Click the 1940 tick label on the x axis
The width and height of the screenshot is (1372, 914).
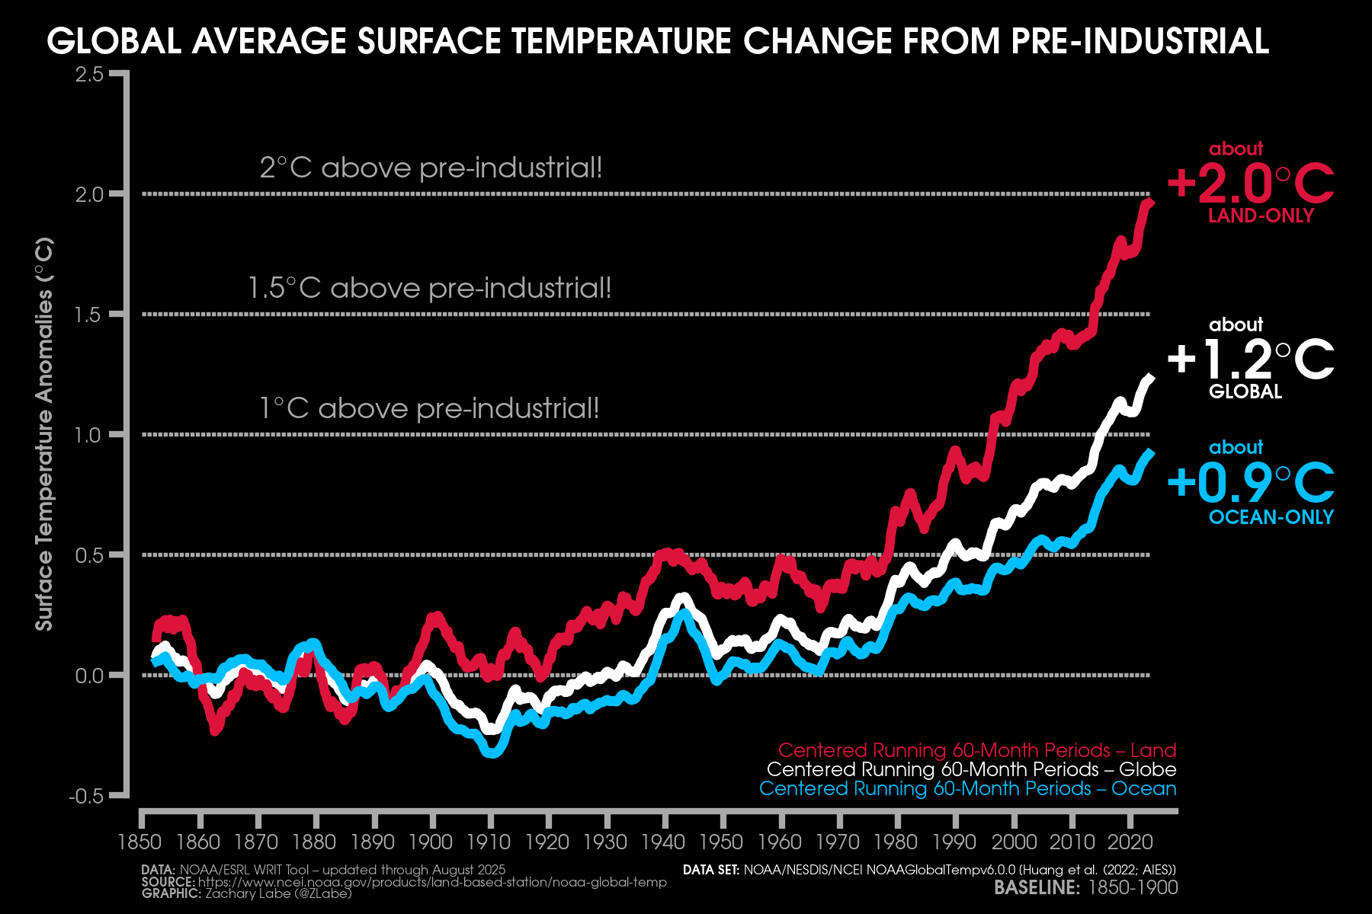coord(663,842)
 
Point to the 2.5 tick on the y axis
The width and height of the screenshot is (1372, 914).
coord(89,75)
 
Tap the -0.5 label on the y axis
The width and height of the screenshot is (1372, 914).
coord(85,797)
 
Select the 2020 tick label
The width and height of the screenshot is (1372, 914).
coord(1130,842)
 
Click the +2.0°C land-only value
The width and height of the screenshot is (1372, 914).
coord(1250,184)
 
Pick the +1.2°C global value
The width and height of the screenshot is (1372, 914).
coord(1250,360)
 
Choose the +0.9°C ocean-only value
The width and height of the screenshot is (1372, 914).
coord(1250,482)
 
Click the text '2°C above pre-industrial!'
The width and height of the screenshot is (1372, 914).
coord(431,168)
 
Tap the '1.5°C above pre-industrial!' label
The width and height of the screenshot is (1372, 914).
coord(430,288)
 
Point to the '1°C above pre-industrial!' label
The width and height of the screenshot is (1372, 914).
coord(429,408)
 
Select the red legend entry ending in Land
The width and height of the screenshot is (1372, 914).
coord(976,750)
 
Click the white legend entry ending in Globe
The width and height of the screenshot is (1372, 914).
coord(971,769)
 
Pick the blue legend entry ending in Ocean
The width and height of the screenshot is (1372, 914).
coord(967,788)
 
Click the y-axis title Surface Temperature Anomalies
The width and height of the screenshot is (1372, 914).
coord(44,434)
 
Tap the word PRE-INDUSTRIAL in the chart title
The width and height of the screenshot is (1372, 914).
coord(1140,41)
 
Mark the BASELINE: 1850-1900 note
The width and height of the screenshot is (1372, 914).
coord(1085,887)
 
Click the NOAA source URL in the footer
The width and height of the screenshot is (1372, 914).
coord(432,882)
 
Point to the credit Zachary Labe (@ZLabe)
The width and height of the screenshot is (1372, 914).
coord(278,893)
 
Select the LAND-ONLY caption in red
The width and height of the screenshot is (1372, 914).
coord(1261,216)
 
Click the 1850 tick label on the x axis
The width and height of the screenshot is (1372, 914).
coord(140,842)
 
